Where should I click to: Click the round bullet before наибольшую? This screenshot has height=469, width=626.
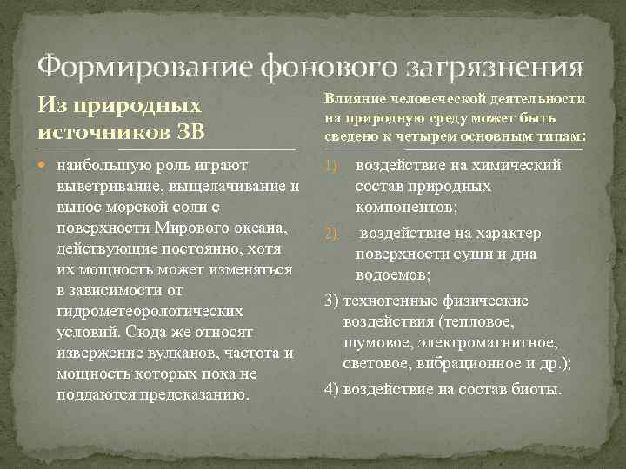click(x=45, y=166)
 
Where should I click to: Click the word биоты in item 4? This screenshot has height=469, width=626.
click(x=536, y=388)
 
